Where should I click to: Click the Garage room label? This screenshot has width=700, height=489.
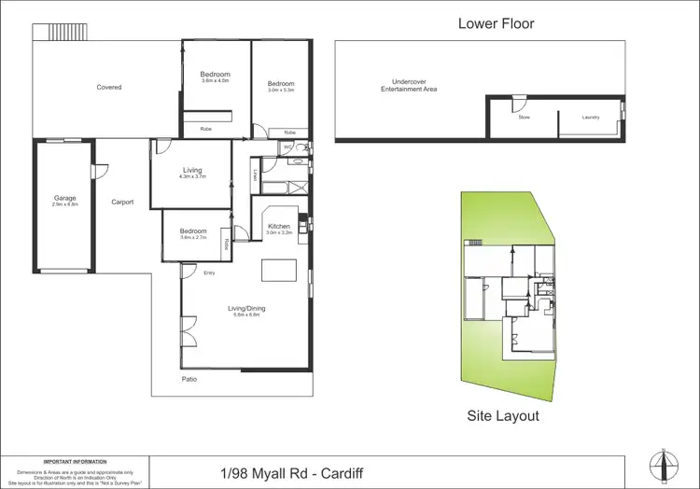tap(64, 198)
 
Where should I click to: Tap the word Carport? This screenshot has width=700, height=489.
tap(122, 202)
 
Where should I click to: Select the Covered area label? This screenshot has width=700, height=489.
tap(109, 88)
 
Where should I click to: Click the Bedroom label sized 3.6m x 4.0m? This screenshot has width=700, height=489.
tap(215, 75)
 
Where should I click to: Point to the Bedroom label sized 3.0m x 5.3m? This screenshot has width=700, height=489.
tap(281, 84)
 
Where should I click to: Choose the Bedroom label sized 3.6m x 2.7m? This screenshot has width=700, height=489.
tap(193, 231)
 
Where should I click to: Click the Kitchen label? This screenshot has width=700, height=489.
tap(279, 227)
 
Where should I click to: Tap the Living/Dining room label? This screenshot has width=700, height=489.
tap(247, 309)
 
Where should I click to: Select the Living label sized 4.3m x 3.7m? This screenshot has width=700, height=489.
tap(192, 171)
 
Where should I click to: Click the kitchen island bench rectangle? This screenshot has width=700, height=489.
tap(277, 269)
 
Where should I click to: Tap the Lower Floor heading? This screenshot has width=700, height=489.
tap(496, 23)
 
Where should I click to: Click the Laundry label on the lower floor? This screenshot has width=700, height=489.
tap(590, 118)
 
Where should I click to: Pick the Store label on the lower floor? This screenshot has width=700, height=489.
tap(524, 118)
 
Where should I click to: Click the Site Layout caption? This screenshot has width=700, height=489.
tap(502, 416)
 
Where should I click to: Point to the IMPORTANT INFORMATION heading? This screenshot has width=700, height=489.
tap(75, 461)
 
